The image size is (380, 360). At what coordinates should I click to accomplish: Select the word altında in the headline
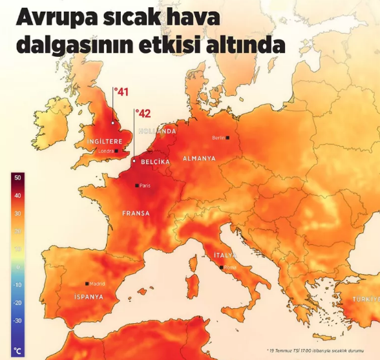(x=248, y=45)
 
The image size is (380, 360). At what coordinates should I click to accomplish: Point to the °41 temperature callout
(x=121, y=92)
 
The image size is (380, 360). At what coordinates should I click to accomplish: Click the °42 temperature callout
(x=143, y=114)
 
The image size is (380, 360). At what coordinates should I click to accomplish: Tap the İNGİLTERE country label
(x=104, y=141)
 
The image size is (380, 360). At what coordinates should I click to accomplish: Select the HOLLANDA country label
(x=157, y=131)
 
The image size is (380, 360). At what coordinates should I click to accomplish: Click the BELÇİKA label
(x=155, y=162)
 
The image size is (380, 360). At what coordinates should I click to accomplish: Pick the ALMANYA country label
(x=199, y=158)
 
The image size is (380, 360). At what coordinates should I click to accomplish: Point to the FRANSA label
(x=136, y=213)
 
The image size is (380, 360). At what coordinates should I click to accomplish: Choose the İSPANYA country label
(x=84, y=297)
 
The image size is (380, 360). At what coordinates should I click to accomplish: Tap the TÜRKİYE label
(x=364, y=299)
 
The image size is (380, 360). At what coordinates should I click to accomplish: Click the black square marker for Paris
(x=136, y=185)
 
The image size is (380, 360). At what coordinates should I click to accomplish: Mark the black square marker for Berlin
(x=227, y=138)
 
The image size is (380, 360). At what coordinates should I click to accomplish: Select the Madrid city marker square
(x=87, y=284)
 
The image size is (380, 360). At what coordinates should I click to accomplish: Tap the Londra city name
(x=105, y=151)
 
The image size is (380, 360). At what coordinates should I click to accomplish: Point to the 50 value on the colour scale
(x=17, y=178)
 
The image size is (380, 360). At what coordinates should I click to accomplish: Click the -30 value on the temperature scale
(x=17, y=320)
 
